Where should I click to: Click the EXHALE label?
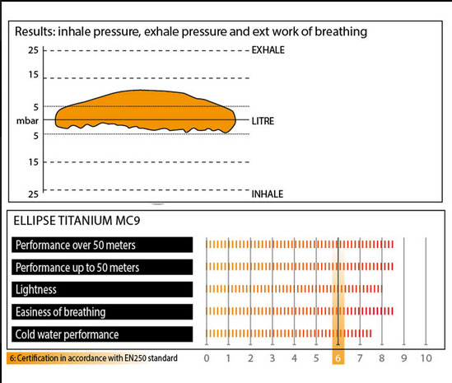[x=268, y=50]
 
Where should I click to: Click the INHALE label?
[x=268, y=194]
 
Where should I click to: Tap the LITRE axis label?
[x=263, y=121]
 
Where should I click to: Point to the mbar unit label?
[x=27, y=120]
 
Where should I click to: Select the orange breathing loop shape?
[x=146, y=111]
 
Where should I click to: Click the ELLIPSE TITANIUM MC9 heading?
[x=77, y=221]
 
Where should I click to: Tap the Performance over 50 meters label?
[x=76, y=245]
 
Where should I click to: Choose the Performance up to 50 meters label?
[x=77, y=268]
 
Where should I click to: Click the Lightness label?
[x=36, y=290]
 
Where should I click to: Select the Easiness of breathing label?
[x=61, y=312]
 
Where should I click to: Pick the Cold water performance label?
[x=67, y=334]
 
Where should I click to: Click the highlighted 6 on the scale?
[x=338, y=358]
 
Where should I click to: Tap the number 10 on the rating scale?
[x=426, y=358]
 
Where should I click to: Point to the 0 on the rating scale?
[x=207, y=358]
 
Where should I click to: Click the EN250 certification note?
[x=93, y=358]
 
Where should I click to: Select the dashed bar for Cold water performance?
[x=288, y=334]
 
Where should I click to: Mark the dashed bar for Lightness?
[x=294, y=289]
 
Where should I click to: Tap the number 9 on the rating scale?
[x=404, y=358]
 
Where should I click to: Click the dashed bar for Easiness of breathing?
[x=300, y=311]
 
